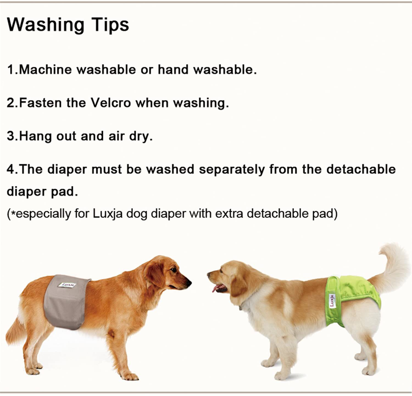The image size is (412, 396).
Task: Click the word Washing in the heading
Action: pyautogui.click(x=46, y=25)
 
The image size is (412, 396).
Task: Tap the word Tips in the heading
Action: pyautogui.click(x=111, y=25)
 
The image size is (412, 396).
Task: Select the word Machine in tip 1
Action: pyautogui.click(x=45, y=69)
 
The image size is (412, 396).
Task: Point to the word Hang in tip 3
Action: pyautogui.click(x=35, y=136)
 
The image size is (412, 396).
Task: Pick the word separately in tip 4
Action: pyautogui.click(x=232, y=169)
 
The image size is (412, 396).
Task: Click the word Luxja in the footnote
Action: pyautogui.click(x=108, y=214)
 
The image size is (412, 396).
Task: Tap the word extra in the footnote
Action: pyautogui.click(x=229, y=214)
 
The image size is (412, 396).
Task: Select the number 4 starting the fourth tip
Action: pyautogui.click(x=10, y=169)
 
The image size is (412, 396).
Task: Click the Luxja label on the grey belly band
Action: pyautogui.click(x=67, y=285)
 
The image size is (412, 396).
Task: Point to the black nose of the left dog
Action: pyautogui.click(x=188, y=283)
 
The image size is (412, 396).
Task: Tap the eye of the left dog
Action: pyautogui.click(x=174, y=270)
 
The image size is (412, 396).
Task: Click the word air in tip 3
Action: pyautogui.click(x=116, y=136)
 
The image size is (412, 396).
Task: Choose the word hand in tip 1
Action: pyautogui.click(x=173, y=69)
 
